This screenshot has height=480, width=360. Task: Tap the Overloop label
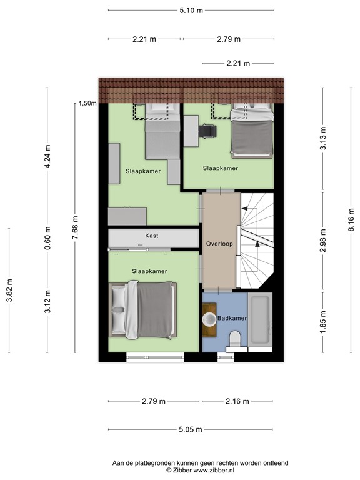coord(219,244)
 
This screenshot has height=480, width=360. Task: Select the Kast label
coord(151,236)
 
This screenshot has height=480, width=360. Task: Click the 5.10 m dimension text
coord(191,11)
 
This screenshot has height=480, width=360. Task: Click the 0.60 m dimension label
coord(47,239)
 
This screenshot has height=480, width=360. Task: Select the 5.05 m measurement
coord(191,429)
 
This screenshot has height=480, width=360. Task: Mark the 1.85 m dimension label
coord(323,323)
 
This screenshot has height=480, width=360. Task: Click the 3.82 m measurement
coord(9,291)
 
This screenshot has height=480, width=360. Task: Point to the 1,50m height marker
coord(87,104)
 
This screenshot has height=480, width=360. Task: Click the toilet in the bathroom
coord(235,339)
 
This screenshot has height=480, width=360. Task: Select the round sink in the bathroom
coord(209,319)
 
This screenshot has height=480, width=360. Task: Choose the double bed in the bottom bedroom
coord(142,311)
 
